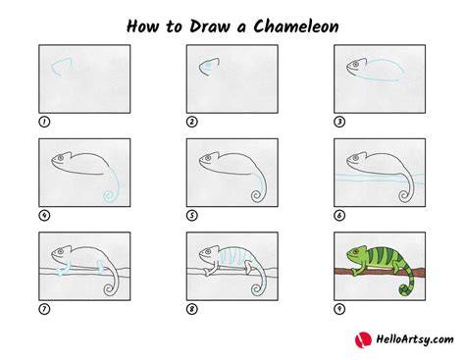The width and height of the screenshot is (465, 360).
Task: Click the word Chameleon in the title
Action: [x=296, y=26]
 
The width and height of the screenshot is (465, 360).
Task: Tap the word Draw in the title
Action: [x=210, y=26]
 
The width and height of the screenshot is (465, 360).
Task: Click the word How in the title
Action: [x=142, y=26]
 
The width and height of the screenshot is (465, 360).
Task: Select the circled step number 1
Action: [x=44, y=122]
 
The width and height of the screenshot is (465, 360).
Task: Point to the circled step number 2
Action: [x=192, y=122]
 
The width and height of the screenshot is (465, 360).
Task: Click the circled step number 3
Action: [x=339, y=122]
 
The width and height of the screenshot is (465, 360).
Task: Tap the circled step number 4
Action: [x=44, y=216]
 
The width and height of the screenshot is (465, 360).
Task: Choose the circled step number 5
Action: [x=192, y=216]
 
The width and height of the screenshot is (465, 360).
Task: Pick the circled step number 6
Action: [x=339, y=216]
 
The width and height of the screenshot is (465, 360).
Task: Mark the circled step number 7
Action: [x=44, y=309]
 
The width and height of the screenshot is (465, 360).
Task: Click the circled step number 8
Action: [x=192, y=309]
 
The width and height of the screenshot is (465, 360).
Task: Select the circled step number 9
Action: [x=339, y=309]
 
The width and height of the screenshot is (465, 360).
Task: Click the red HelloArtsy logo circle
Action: [x=363, y=339]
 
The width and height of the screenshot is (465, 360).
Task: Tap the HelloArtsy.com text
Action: [x=415, y=339]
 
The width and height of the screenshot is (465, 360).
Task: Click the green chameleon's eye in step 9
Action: [x=355, y=252]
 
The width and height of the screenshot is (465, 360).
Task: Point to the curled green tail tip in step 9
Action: [x=405, y=290]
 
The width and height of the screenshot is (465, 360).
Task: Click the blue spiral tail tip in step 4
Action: [x=109, y=196]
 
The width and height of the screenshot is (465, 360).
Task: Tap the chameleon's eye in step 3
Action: [x=355, y=65]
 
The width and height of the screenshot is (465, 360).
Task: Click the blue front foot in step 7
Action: [x=62, y=271]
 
